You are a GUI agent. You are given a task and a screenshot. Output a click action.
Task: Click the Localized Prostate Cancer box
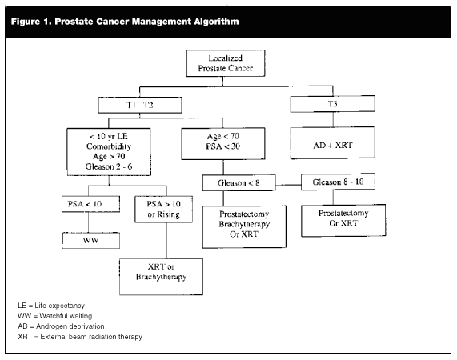(225, 63)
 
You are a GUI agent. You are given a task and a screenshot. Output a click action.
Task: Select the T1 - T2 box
(140, 105)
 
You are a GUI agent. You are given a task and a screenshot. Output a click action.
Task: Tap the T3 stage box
(333, 104)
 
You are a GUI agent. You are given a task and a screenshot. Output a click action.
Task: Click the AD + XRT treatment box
(333, 143)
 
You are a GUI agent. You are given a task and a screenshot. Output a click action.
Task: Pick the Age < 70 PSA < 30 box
(223, 143)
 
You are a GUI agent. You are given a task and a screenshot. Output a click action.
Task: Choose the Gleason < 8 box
(239, 182)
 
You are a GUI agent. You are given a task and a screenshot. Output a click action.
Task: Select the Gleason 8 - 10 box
(338, 182)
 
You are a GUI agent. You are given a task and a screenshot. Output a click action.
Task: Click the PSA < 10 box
(90, 204)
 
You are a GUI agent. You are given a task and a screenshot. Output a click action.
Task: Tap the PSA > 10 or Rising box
(163, 209)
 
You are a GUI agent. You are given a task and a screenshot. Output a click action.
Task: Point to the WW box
(90, 240)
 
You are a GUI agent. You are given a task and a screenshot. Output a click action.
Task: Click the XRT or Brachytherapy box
(161, 277)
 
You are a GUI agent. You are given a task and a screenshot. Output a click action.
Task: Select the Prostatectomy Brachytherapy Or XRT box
(244, 227)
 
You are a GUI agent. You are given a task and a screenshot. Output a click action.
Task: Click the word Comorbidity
(109, 146)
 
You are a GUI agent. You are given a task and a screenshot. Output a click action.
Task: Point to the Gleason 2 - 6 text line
(109, 166)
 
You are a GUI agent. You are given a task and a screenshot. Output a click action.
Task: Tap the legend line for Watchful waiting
(54, 316)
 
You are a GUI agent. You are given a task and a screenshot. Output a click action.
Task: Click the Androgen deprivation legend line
(61, 326)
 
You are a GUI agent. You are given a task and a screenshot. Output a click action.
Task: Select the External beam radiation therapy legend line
(80, 337)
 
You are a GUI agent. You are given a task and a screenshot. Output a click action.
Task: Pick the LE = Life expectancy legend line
(51, 306)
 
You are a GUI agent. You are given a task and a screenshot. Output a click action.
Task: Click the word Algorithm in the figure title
(216, 22)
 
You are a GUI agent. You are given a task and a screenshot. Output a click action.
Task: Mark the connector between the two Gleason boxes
(288, 185)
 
